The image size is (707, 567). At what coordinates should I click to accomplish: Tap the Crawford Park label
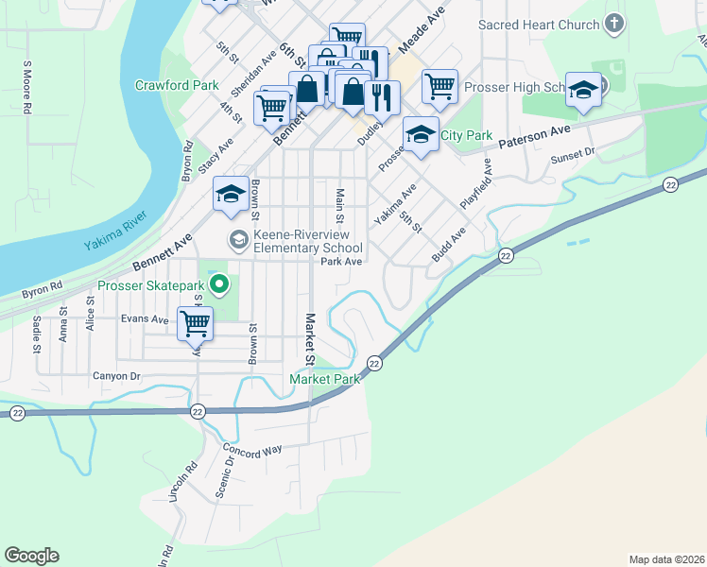coord(177,85)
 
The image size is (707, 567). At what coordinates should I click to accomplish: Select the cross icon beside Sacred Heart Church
coord(614,25)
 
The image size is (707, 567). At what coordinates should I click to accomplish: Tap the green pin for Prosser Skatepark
coord(220,283)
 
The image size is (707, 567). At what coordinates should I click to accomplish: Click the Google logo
coord(31,556)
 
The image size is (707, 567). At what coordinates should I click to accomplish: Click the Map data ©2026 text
coord(665,558)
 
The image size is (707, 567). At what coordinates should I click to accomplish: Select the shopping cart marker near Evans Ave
coord(195,323)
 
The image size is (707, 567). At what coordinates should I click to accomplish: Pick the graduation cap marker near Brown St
coord(231,194)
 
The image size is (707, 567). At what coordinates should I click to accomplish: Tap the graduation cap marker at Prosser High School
coord(583,90)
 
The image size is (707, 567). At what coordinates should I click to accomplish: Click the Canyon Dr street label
coord(116,376)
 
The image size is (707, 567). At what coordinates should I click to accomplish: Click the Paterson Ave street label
coord(535,132)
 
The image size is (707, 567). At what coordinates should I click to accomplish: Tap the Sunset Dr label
coord(573,151)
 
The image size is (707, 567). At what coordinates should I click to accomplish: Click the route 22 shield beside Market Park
coord(374,363)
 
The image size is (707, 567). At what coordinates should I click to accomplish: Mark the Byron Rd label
coord(43,284)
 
